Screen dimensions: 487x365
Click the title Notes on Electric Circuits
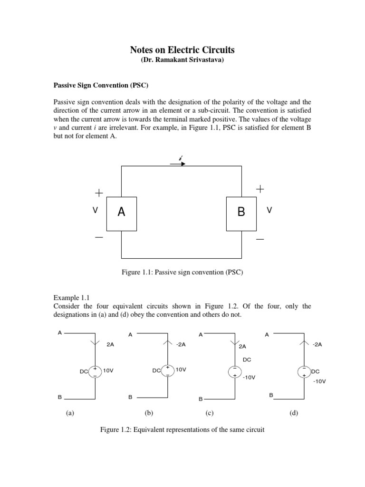182,50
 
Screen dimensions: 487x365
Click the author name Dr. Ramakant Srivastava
182,61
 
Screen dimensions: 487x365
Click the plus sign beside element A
98,193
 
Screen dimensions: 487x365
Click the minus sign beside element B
259,239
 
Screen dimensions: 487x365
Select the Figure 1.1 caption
182,272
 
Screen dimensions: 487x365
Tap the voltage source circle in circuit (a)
95,371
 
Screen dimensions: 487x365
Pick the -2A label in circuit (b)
181,345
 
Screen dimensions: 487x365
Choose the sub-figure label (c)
210,413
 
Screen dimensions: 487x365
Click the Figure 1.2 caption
182,430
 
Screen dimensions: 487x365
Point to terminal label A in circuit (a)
59,333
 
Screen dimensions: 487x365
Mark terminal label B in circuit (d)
271,395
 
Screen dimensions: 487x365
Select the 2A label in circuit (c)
243,347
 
